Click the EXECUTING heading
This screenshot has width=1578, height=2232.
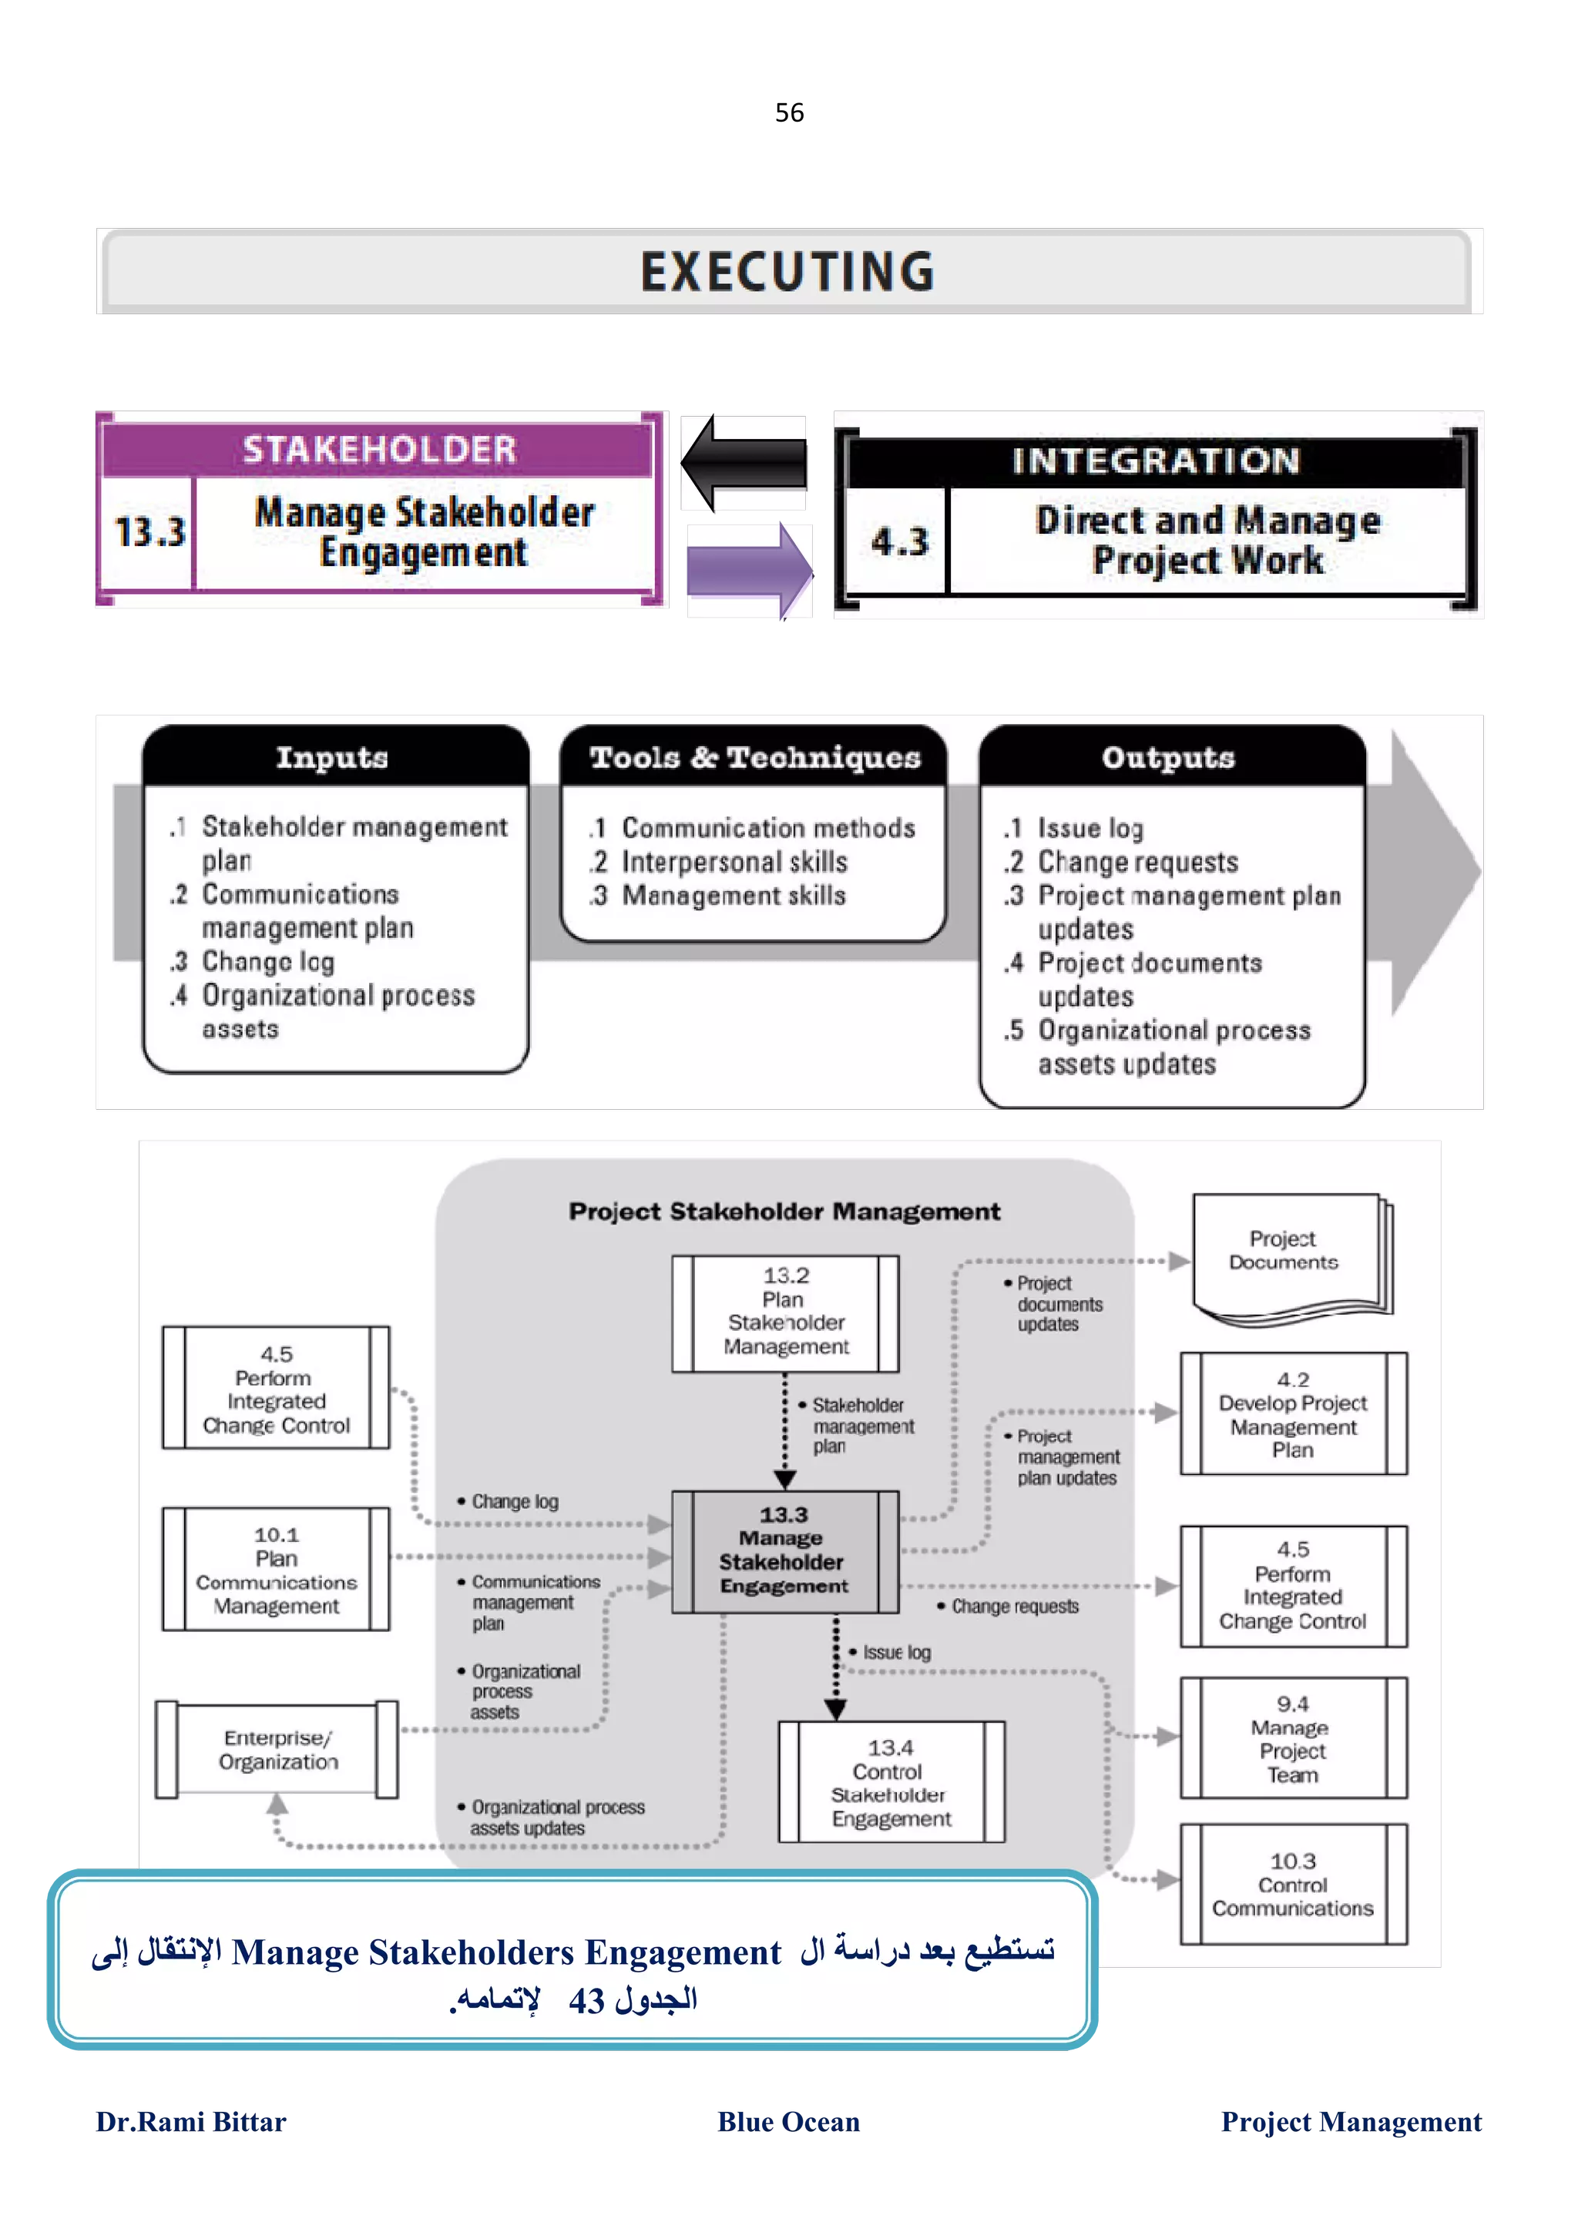coord(787,271)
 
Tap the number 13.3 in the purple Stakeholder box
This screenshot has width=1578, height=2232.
coord(149,531)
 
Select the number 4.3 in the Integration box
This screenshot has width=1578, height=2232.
coord(899,541)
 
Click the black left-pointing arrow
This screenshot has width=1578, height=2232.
coord(744,463)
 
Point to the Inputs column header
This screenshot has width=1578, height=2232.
coord(333,757)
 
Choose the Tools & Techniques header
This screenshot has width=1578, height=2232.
coord(754,757)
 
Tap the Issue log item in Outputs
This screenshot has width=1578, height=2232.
coord(1090,828)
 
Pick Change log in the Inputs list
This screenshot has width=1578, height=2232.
coord(267,961)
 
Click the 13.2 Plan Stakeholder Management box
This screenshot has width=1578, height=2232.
coord(786,1312)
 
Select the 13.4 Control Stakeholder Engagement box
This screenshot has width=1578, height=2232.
coord(891,1782)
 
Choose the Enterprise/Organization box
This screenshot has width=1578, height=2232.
coord(277,1750)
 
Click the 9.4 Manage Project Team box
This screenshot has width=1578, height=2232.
coord(1292,1738)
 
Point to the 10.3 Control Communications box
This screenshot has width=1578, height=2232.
coord(1292,1884)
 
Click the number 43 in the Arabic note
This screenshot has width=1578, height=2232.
coord(587,2002)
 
